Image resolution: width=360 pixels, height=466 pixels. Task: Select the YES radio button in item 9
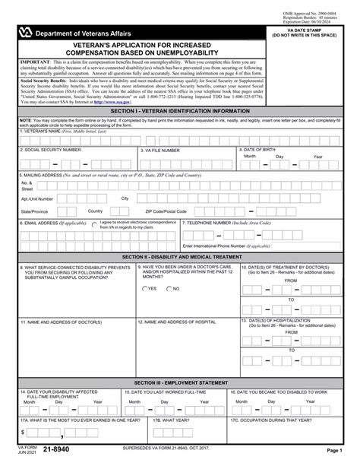pyautogui.click(x=145, y=289)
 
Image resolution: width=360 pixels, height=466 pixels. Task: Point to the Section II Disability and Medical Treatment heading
pyautogui.click(x=180, y=258)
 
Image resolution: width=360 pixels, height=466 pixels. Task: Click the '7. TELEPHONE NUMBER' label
pyautogui.click(x=213, y=223)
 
